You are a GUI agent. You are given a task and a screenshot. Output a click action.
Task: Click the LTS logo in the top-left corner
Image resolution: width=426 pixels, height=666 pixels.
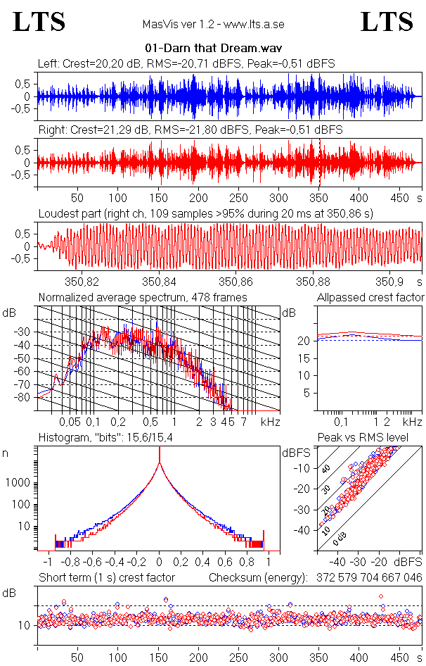point(39,23)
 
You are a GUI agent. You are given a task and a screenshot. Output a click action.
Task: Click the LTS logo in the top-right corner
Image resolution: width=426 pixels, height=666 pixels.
point(386,23)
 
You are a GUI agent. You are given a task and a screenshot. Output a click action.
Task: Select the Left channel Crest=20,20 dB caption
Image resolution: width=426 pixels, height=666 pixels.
point(186,64)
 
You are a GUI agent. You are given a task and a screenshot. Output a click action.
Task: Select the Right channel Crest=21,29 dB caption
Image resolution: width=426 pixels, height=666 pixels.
point(190,130)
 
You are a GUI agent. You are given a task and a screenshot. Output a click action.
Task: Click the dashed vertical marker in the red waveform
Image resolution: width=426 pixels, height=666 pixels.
point(320,162)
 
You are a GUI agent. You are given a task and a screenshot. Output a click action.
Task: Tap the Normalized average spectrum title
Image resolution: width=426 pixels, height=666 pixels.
point(143,298)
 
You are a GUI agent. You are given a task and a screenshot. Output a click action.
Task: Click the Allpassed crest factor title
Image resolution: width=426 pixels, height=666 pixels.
point(370,298)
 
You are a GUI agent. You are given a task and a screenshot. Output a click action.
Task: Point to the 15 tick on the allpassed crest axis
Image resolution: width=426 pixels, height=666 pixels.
point(305,358)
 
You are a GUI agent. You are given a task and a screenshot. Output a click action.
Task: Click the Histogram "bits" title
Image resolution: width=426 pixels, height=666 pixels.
point(105,439)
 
